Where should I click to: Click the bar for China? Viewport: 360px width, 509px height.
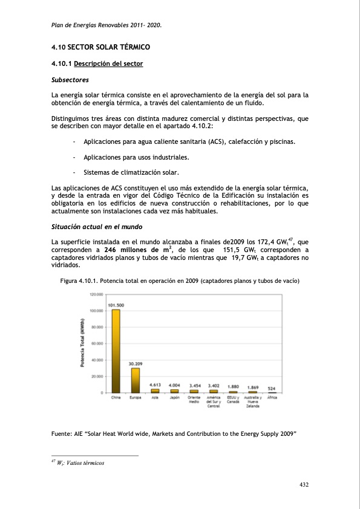(116, 351)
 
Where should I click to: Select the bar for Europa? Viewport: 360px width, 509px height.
(136, 380)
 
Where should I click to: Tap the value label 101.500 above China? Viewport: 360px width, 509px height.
(116, 305)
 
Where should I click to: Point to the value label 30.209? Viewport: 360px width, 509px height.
(136, 363)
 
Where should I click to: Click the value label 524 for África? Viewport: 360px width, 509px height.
(272, 387)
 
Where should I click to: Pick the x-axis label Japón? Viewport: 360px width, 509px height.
(174, 398)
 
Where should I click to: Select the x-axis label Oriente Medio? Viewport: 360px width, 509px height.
(194, 400)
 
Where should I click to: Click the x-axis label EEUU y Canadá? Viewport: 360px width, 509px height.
(232, 400)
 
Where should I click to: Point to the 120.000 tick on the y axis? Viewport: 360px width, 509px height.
(97, 294)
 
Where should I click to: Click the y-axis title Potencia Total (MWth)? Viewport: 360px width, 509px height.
(82, 343)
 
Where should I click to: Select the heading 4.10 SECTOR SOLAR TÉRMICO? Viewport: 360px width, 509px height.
(100, 47)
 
